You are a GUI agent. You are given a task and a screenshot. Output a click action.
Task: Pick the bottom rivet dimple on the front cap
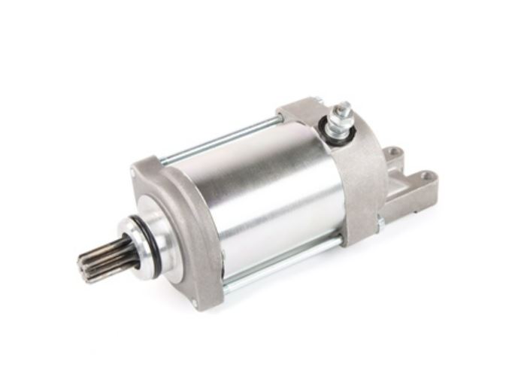[x=195, y=302]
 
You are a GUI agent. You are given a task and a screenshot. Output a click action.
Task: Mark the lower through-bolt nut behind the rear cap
[x=380, y=223]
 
